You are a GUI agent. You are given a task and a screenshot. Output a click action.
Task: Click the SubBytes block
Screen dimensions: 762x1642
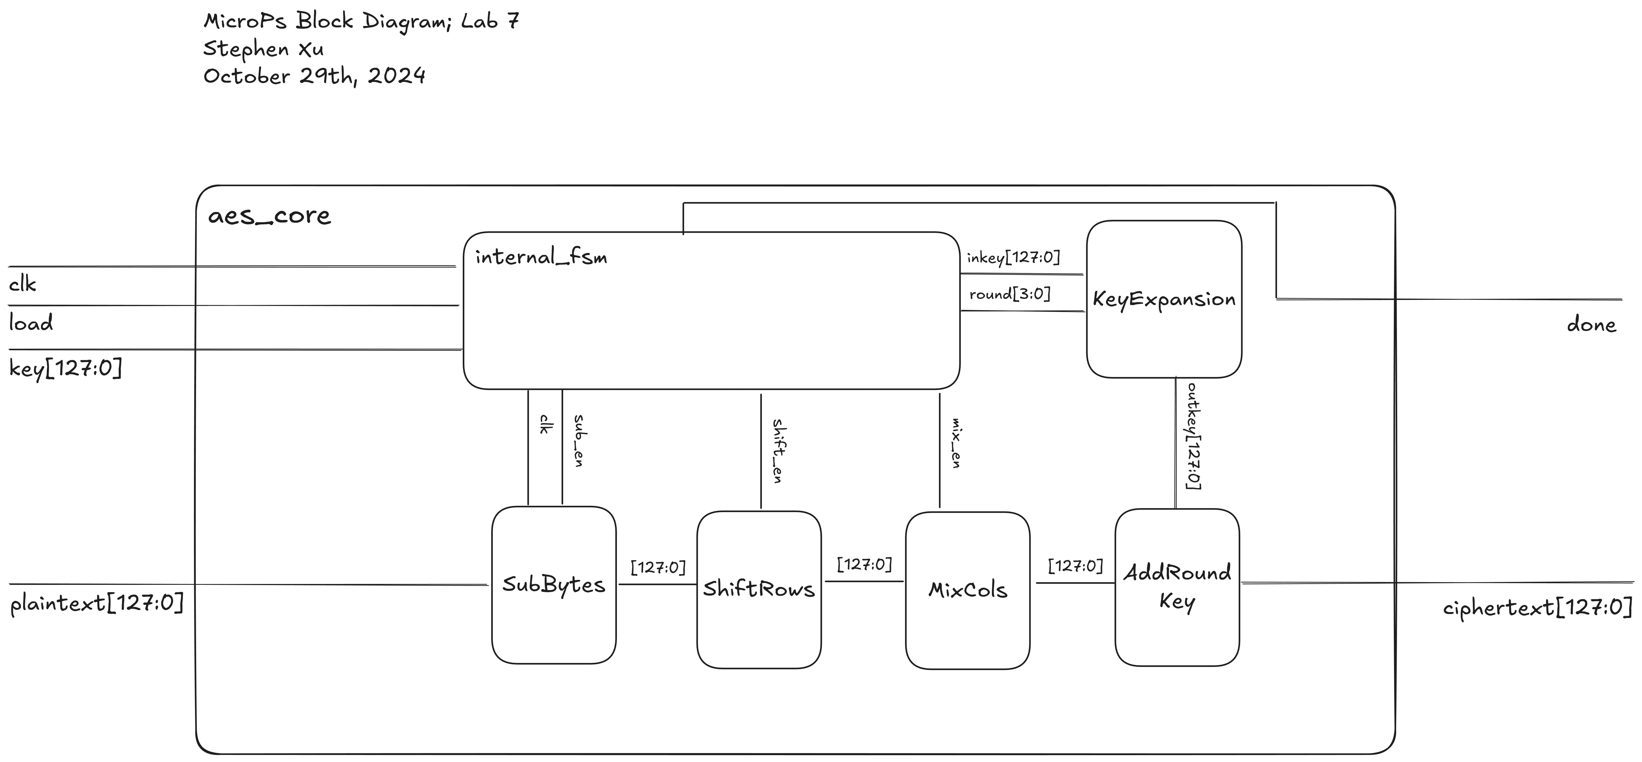pyautogui.click(x=553, y=585)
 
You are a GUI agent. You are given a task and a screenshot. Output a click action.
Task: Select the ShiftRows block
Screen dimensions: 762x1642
pyautogui.click(x=758, y=589)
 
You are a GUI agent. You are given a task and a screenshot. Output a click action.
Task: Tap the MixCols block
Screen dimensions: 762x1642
pyautogui.click(x=967, y=590)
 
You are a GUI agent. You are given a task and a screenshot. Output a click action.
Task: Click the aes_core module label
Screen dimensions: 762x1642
pyautogui.click(x=269, y=216)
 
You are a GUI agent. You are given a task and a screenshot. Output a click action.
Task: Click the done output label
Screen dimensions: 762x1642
pyautogui.click(x=1591, y=325)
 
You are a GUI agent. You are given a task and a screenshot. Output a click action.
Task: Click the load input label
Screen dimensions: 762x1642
pyautogui.click(x=31, y=323)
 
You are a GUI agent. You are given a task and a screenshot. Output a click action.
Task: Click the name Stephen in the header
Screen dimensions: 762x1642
pyautogui.click(x=245, y=49)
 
